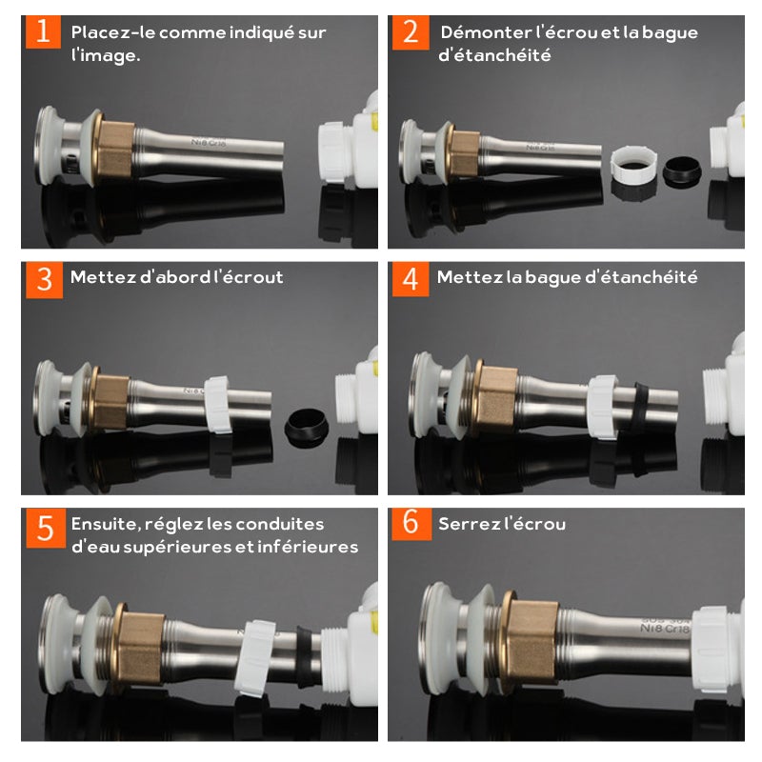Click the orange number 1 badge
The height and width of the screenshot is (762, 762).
point(43,32)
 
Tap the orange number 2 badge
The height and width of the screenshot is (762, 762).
point(411,32)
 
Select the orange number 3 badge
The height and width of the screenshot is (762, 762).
point(44,280)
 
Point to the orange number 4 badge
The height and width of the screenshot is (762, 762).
point(411,279)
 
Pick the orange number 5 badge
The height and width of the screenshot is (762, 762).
point(46,529)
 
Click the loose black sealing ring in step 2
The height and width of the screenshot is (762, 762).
point(682,171)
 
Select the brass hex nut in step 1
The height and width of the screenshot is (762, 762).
point(114,150)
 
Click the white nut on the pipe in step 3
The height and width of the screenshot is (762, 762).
point(217,404)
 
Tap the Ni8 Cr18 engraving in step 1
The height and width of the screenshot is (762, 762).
point(209,142)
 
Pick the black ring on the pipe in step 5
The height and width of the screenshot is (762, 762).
point(305,656)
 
